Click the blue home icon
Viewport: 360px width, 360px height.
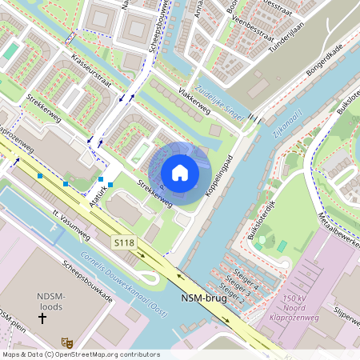180,172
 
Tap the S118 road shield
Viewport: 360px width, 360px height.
124,241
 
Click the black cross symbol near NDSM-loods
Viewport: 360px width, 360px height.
42,318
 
